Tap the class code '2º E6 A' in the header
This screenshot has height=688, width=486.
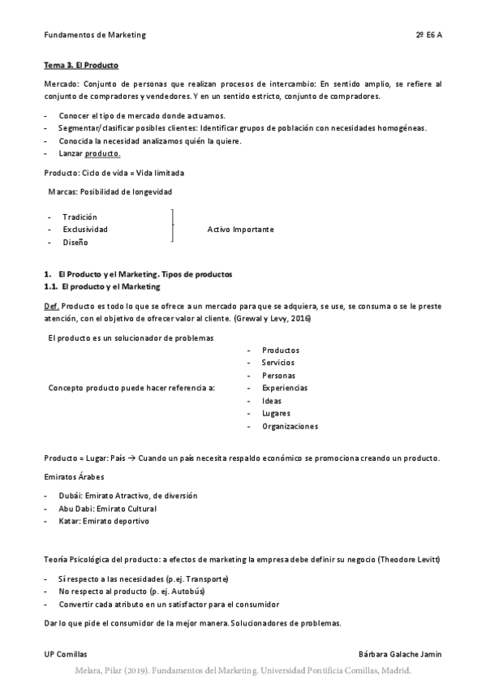(428, 36)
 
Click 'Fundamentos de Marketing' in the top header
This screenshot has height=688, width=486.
(95, 36)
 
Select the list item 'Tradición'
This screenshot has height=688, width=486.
(80, 217)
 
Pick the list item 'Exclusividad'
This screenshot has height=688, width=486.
(85, 230)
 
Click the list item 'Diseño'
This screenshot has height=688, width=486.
(75, 243)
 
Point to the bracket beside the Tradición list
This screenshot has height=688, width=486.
(173, 226)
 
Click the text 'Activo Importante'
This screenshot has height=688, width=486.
(241, 230)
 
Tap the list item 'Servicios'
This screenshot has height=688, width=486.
(278, 363)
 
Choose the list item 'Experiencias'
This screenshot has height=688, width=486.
(285, 388)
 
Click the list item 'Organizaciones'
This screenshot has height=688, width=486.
(290, 426)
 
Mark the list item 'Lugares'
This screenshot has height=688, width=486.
(276, 414)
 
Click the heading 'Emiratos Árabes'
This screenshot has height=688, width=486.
(74, 476)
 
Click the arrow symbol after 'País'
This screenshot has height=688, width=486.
(132, 458)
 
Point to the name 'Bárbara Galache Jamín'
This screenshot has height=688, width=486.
(400, 654)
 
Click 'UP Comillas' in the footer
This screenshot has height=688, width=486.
(66, 654)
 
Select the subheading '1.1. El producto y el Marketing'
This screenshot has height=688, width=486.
(102, 286)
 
